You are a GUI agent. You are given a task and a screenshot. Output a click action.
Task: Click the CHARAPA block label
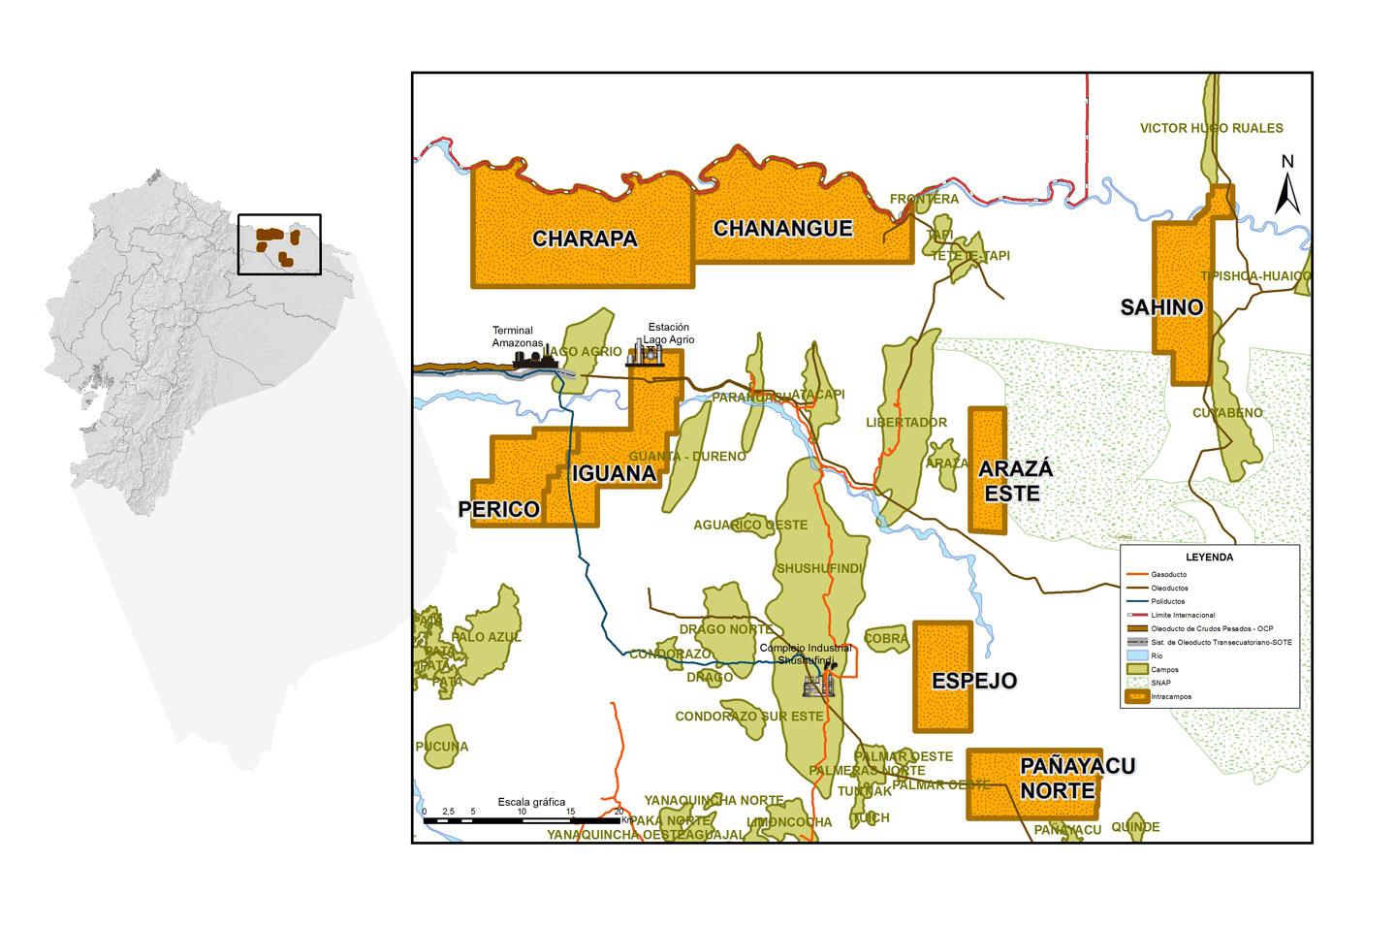click(x=585, y=239)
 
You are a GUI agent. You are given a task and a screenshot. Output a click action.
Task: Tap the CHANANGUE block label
click(x=782, y=229)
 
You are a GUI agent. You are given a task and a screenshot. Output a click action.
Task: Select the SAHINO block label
click(x=1161, y=307)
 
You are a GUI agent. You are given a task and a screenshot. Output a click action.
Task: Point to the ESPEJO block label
click(x=974, y=681)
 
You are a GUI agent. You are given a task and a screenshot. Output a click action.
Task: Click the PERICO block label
click(x=498, y=509)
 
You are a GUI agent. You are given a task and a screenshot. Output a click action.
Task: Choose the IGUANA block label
click(x=614, y=474)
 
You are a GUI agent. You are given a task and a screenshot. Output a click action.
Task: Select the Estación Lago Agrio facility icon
click(x=645, y=354)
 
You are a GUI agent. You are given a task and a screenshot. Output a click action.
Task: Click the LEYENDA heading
click(x=1209, y=558)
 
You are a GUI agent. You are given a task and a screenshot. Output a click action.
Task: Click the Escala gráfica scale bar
click(x=521, y=820)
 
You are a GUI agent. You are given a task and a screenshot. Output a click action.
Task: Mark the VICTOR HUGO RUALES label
click(x=1211, y=128)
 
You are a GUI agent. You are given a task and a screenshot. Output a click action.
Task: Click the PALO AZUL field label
click(x=487, y=637)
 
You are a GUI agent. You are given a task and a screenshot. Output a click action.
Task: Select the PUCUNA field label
click(x=442, y=747)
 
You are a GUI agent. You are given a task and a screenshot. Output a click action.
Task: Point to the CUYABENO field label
click(x=1227, y=412)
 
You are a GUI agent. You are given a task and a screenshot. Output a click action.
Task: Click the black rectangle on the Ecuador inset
click(x=279, y=244)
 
